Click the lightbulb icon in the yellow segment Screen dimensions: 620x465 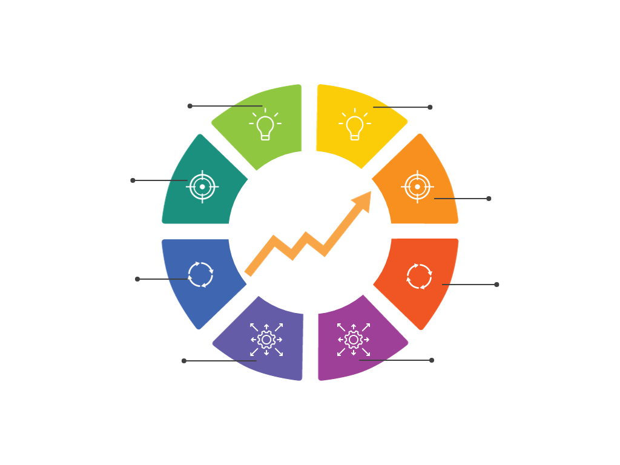click(x=354, y=124)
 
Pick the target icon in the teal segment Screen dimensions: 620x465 click(x=202, y=186)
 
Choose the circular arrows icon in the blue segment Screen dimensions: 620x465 click(x=202, y=274)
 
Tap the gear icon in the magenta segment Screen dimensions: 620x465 click(x=353, y=340)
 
